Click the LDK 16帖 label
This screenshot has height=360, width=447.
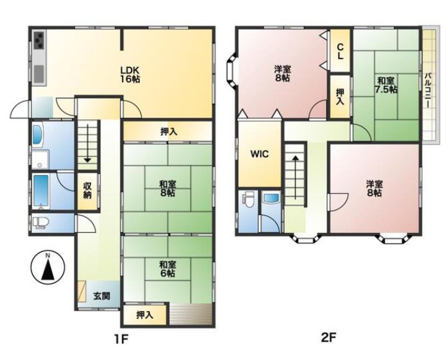tap(130, 74)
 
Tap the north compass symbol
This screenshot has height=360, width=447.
tap(48, 268)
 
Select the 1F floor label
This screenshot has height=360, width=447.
tap(121, 339)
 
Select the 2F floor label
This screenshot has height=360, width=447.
tap(329, 338)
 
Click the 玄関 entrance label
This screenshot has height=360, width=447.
tap(102, 296)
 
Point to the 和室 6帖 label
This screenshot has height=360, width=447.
tap(167, 269)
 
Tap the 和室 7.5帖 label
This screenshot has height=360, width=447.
tap(386, 85)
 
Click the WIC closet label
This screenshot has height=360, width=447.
tap(260, 154)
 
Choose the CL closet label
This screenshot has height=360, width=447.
tap(340, 51)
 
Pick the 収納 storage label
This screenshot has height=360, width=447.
tap(87, 191)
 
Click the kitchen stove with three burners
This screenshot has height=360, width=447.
tap(39, 40)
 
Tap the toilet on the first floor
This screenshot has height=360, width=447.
tap(40, 223)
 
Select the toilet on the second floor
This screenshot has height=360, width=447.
tap(248, 201)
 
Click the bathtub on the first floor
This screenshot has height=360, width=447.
tap(41, 191)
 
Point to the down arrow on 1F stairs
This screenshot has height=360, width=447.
tap(87, 144)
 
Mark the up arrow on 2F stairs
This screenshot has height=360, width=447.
tap(296, 177)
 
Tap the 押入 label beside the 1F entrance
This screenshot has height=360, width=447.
tap(145, 315)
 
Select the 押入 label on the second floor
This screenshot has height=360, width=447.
tap(340, 97)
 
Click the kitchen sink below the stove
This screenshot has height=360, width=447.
tap(39, 74)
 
